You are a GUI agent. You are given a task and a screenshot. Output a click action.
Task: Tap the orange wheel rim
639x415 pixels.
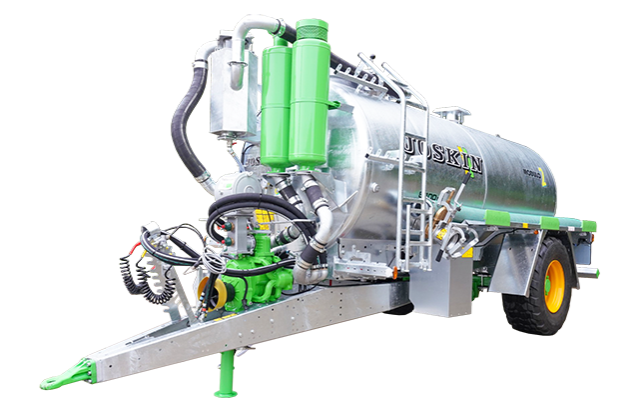click(x=554, y=285)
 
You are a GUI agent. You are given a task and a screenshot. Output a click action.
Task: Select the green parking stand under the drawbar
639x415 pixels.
click(x=227, y=374)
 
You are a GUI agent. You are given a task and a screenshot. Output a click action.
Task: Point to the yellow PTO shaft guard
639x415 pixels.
click(x=213, y=291)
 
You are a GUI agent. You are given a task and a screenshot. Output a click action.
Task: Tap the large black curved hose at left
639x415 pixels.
click(x=186, y=130)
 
